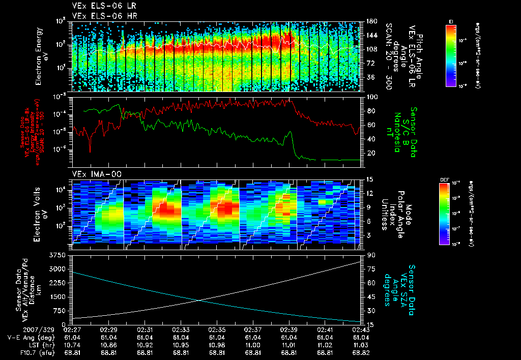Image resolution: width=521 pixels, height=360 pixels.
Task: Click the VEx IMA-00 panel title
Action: click(x=97, y=174)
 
